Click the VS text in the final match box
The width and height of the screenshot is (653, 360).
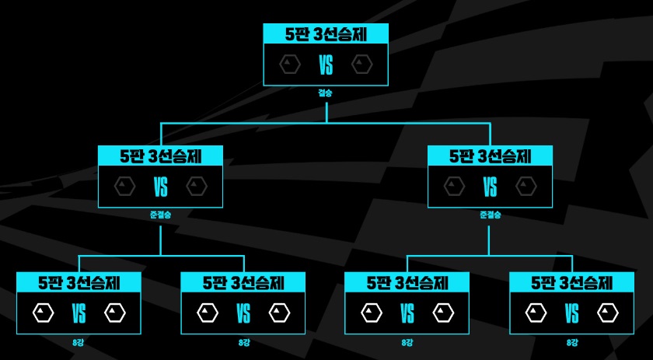point(326,65)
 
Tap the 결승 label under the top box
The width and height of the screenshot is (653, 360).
point(326,93)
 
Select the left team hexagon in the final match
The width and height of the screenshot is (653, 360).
point(290,65)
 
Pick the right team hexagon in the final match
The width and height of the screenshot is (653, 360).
point(361,65)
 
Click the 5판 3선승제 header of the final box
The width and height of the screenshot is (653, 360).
point(326,33)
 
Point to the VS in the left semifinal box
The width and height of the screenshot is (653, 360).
point(161,187)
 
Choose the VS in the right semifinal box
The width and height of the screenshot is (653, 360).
point(491,187)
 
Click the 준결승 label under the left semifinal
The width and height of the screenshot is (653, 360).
point(160,215)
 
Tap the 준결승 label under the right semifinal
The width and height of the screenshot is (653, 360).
point(491,215)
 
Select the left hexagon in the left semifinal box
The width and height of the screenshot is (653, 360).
point(125,187)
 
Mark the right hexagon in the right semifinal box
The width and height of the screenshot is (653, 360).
point(526,187)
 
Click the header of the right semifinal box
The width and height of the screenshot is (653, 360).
point(491,156)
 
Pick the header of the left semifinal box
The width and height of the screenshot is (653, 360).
point(161,156)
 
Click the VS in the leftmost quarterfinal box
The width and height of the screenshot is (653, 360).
point(79,313)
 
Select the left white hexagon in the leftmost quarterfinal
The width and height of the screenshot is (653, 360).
point(43,313)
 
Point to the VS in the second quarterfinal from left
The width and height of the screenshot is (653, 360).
point(243,313)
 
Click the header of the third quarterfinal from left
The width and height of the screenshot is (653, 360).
point(407,281)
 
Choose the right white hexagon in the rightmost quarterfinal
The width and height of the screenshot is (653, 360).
point(608,313)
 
